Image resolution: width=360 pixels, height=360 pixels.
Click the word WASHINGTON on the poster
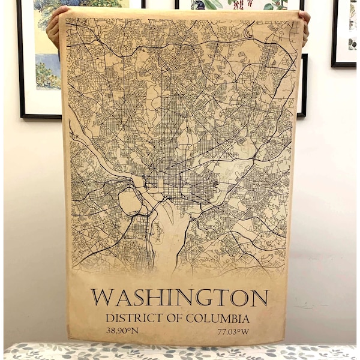point(179,298)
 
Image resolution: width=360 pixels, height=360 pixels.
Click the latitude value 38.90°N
point(122,331)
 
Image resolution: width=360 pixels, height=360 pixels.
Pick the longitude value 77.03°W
point(233,331)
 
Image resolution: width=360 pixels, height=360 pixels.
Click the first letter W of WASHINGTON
point(101,298)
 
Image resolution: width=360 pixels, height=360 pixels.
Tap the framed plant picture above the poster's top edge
point(240,4)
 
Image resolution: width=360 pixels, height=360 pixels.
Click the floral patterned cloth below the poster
point(180,352)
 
